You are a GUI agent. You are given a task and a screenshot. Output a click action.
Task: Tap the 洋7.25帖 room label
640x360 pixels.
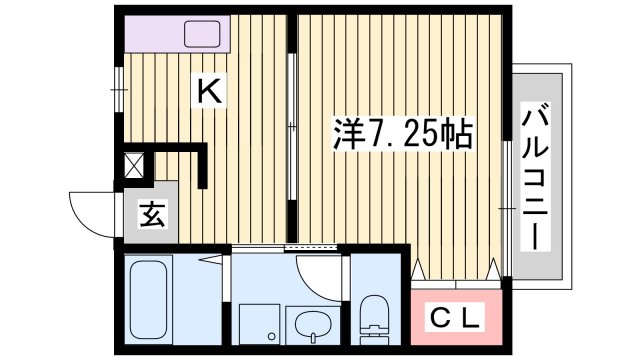pos(402,134)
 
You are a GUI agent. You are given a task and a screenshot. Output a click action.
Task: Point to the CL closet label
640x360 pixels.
pos(456,320)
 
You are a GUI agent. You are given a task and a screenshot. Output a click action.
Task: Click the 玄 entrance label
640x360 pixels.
pos(152,213)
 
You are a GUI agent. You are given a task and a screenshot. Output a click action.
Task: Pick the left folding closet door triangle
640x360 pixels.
pos(420,268)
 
